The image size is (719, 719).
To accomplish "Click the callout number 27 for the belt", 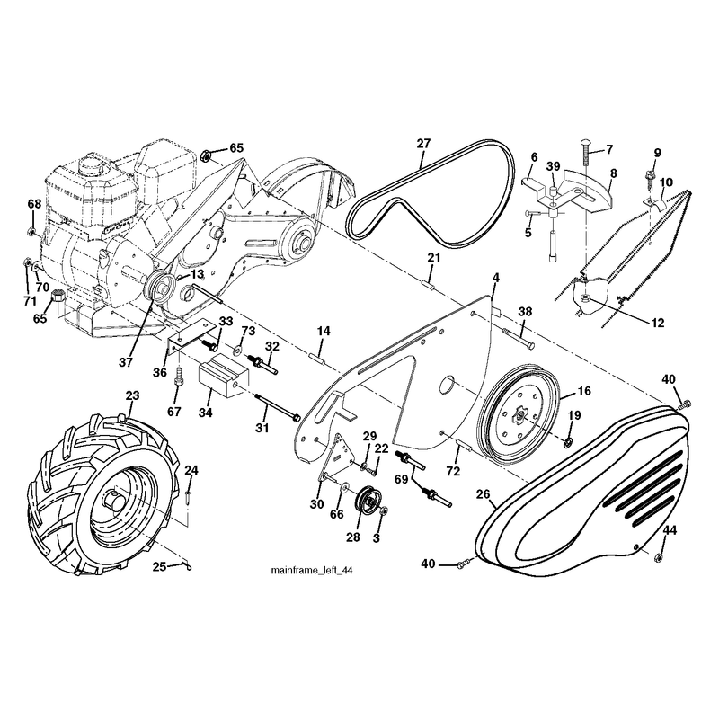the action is (x=423, y=144).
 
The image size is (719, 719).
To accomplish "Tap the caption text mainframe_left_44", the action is (x=312, y=571).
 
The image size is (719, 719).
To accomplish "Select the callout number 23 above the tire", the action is (x=132, y=395).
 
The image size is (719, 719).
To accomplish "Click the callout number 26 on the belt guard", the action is (x=483, y=494).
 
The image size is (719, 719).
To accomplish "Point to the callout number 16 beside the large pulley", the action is (x=584, y=391).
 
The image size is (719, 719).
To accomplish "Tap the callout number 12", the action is (x=658, y=324).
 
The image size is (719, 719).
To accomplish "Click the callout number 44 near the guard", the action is (x=670, y=531).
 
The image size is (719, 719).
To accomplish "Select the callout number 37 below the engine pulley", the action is (x=126, y=362).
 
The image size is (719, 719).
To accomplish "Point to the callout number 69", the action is (x=401, y=479).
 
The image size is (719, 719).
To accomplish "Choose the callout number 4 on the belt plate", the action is (x=496, y=278).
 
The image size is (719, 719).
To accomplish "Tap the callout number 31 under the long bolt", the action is (x=262, y=428).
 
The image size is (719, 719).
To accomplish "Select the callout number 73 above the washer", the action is (x=248, y=331).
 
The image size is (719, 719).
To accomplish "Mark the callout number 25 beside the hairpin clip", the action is (x=159, y=567).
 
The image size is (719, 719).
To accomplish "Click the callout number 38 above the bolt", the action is (x=525, y=312).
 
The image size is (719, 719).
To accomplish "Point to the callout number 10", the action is (x=666, y=182).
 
